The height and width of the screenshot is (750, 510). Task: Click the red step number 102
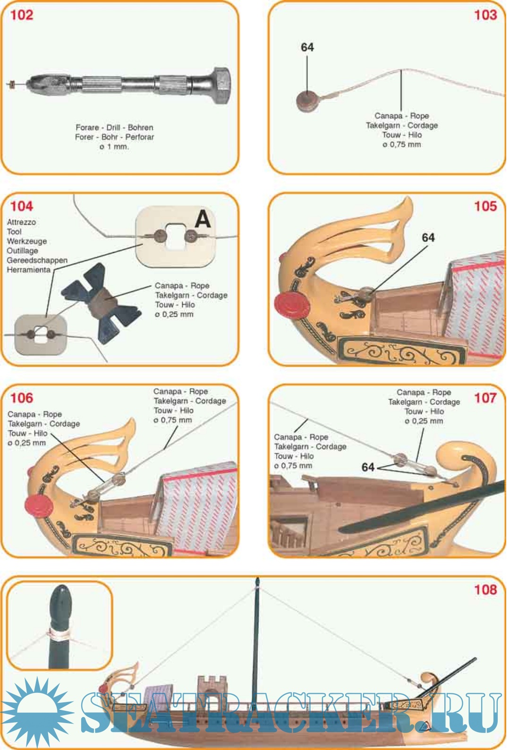click(x=22, y=15)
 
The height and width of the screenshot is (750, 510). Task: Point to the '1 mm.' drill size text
click(x=118, y=147)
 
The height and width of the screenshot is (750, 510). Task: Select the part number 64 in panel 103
click(x=307, y=47)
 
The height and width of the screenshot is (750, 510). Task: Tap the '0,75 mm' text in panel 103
click(x=405, y=144)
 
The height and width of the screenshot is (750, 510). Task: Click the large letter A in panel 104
click(x=203, y=219)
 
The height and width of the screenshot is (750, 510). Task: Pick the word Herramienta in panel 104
click(x=28, y=270)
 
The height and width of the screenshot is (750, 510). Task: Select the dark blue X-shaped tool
click(x=100, y=303)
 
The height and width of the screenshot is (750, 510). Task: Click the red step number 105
click(x=485, y=206)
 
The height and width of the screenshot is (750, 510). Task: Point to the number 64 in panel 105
click(x=428, y=238)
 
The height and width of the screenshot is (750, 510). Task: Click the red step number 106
click(x=22, y=398)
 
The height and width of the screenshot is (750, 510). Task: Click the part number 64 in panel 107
click(x=368, y=467)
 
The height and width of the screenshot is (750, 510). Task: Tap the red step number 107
click(x=485, y=398)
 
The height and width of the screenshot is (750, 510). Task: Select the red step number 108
click(x=485, y=590)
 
